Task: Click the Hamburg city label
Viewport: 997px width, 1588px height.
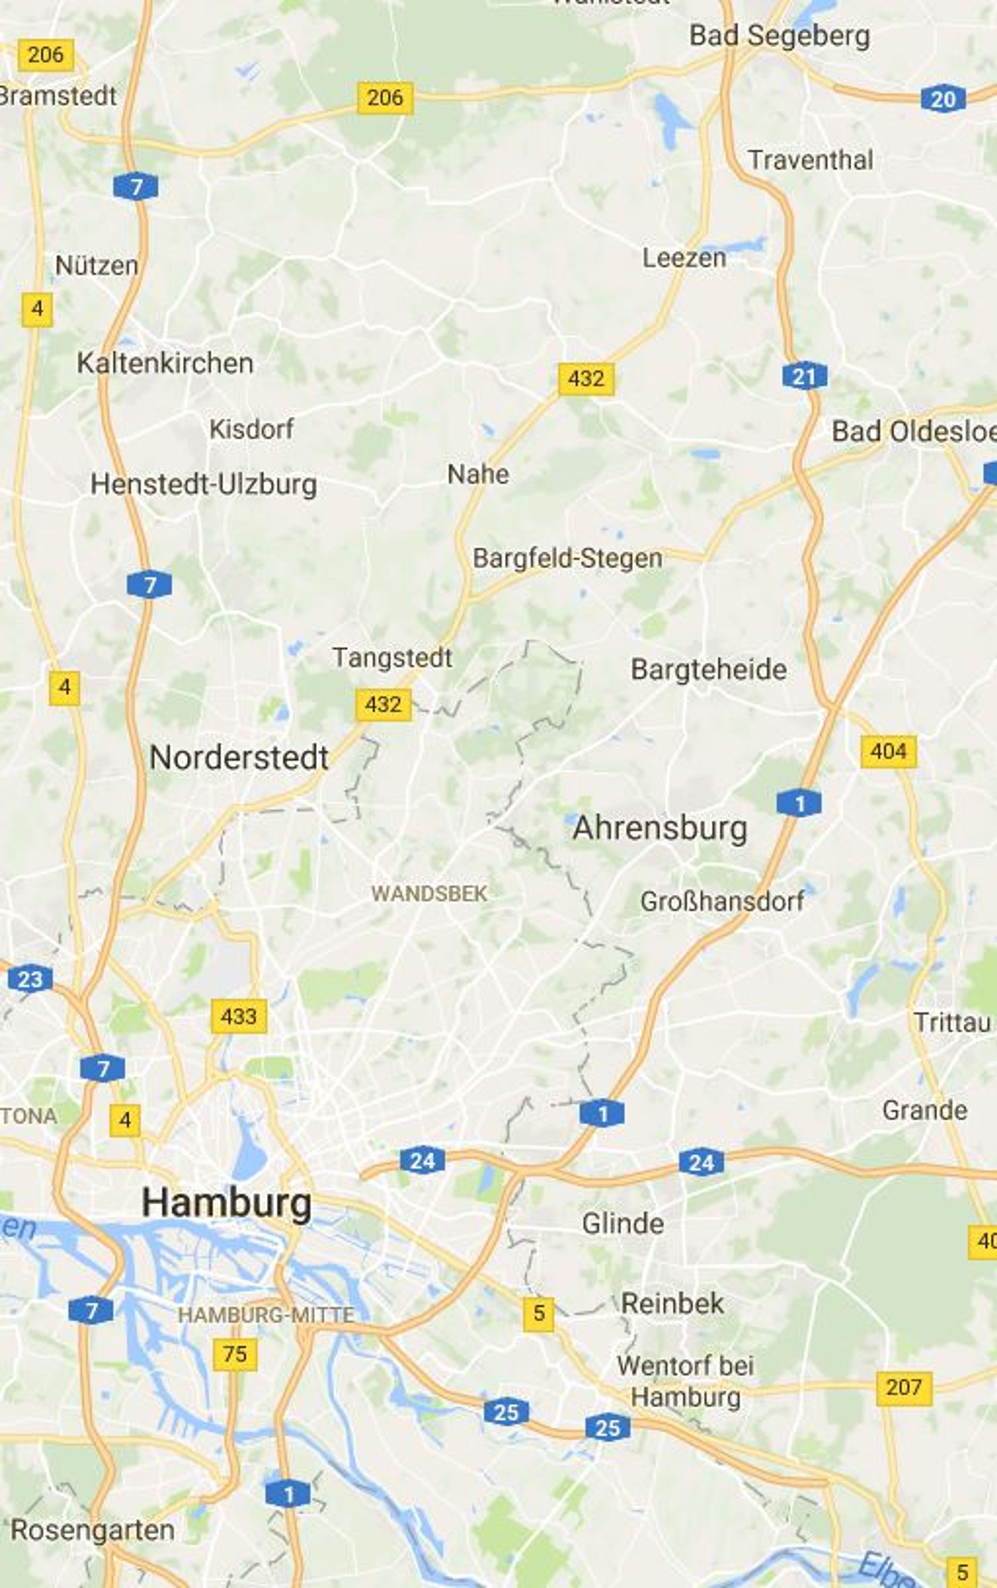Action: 226,1203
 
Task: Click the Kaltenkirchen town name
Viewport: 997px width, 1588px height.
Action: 165,363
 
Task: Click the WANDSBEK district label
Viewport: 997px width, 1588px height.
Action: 429,894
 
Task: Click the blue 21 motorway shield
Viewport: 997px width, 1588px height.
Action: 804,376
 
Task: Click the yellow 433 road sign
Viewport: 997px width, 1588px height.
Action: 239,1016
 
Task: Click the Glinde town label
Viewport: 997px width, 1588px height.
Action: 622,1223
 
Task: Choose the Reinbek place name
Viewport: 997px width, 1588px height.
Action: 672,1303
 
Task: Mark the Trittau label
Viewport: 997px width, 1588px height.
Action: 952,1023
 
